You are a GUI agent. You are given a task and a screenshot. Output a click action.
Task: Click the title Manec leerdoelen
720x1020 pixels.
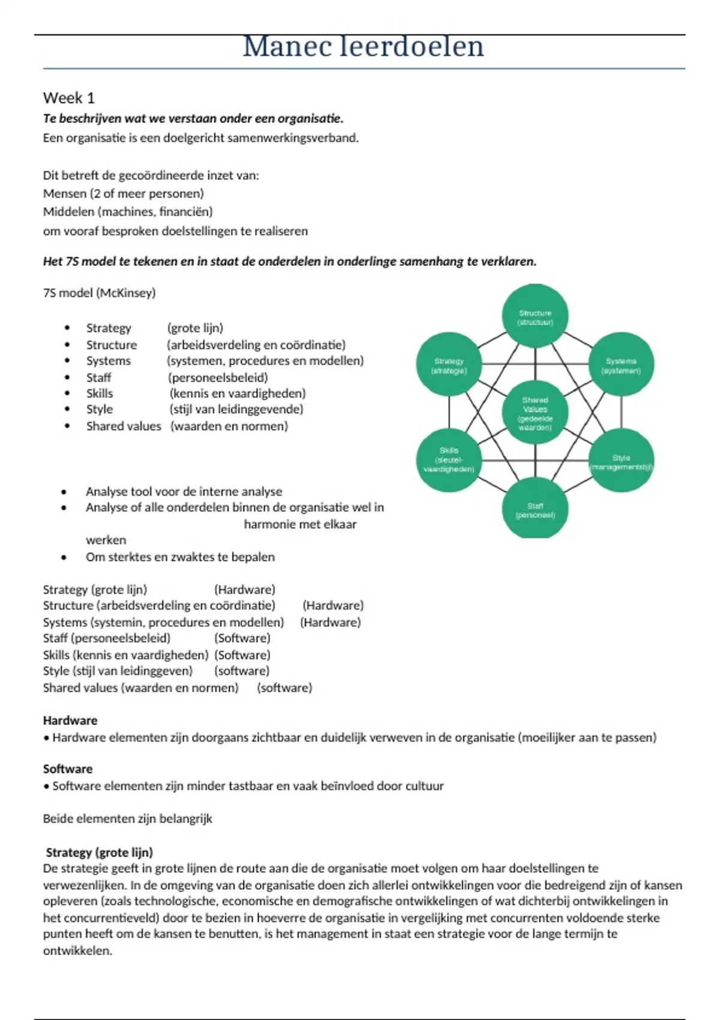(x=363, y=47)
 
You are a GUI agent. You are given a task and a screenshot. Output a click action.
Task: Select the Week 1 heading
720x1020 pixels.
(x=68, y=98)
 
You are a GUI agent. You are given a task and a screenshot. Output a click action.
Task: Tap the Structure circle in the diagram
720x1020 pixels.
(x=535, y=316)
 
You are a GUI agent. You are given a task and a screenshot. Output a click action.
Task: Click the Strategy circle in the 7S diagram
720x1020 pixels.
(x=449, y=365)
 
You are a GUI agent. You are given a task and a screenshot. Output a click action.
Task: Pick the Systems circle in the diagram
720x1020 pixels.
(x=621, y=365)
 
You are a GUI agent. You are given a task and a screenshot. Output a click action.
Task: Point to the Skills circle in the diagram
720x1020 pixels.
(x=449, y=460)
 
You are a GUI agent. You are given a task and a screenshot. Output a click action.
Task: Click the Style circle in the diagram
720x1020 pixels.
(x=621, y=461)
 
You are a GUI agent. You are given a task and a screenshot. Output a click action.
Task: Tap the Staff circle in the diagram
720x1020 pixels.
(x=535, y=509)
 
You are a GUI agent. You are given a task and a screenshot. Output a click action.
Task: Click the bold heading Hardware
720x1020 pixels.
(x=70, y=720)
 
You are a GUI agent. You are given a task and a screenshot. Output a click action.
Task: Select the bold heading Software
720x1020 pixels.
(x=67, y=769)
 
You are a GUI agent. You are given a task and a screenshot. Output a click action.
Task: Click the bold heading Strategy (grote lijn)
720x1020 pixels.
(x=99, y=852)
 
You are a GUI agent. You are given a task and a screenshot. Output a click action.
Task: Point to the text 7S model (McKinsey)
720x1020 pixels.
(x=99, y=293)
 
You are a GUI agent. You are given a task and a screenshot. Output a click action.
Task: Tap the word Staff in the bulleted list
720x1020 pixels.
(x=98, y=377)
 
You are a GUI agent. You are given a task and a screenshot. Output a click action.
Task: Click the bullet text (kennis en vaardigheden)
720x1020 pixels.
(x=238, y=394)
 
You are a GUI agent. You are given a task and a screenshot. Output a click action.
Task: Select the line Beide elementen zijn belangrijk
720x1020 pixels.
(x=127, y=818)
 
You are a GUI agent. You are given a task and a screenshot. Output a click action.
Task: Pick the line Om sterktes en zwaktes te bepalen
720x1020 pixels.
(x=180, y=557)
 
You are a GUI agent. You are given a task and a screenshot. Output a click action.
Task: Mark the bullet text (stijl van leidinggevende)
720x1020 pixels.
(x=236, y=409)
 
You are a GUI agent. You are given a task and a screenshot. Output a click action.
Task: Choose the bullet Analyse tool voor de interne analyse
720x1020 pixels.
(x=184, y=491)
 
